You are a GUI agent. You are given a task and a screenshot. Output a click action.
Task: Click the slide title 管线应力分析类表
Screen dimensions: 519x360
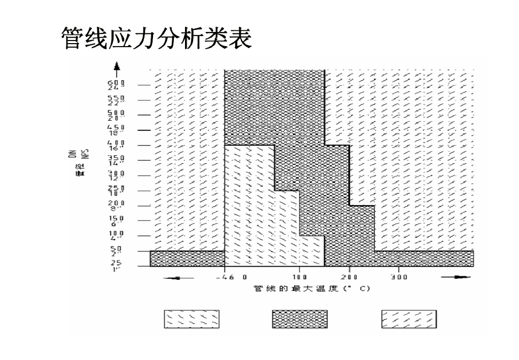coord(156,39)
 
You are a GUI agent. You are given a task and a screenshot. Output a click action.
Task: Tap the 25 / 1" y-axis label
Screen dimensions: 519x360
coord(116,266)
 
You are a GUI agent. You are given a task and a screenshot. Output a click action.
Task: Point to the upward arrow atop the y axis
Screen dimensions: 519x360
coord(117,66)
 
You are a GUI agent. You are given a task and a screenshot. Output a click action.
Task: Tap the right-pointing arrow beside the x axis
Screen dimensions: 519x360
coord(456,277)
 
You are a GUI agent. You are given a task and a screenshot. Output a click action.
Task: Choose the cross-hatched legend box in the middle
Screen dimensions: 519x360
coord(300,319)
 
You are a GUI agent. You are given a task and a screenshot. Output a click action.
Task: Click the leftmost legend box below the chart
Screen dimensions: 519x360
coord(191,319)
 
